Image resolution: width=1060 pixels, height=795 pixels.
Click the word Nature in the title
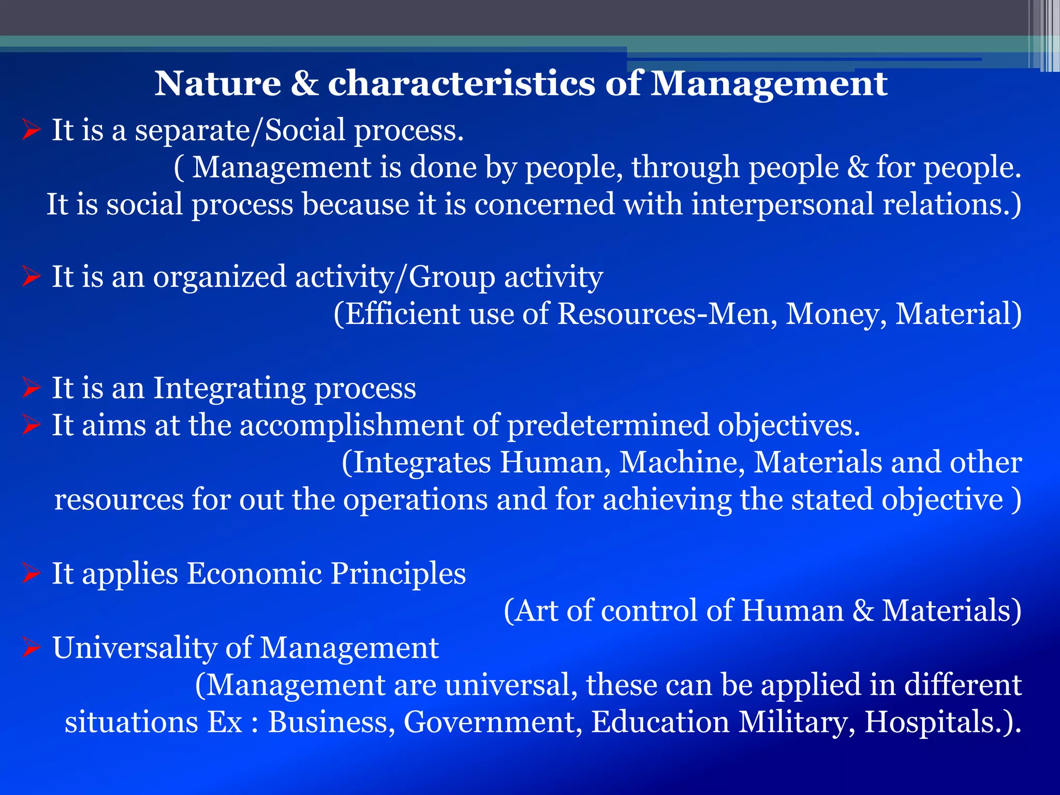217,84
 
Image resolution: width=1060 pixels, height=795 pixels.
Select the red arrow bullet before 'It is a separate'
31,130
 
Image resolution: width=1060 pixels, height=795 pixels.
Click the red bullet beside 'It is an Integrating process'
31,388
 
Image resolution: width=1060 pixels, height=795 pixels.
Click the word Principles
399,574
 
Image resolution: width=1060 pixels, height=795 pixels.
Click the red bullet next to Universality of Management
31,648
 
